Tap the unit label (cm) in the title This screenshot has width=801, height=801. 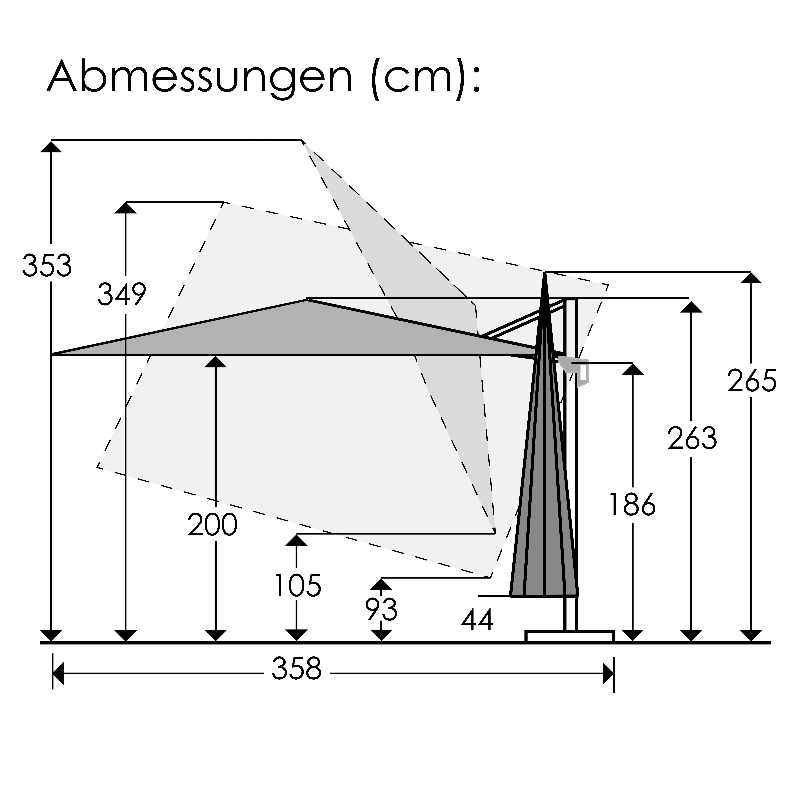(x=419, y=79)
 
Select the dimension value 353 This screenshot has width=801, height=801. (x=47, y=266)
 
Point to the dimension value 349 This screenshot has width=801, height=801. (x=121, y=294)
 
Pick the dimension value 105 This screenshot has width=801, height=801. (x=298, y=586)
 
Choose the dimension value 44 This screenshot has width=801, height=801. (x=477, y=620)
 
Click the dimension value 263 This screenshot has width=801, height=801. (x=692, y=438)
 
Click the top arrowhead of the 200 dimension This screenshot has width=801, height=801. (x=216, y=362)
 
